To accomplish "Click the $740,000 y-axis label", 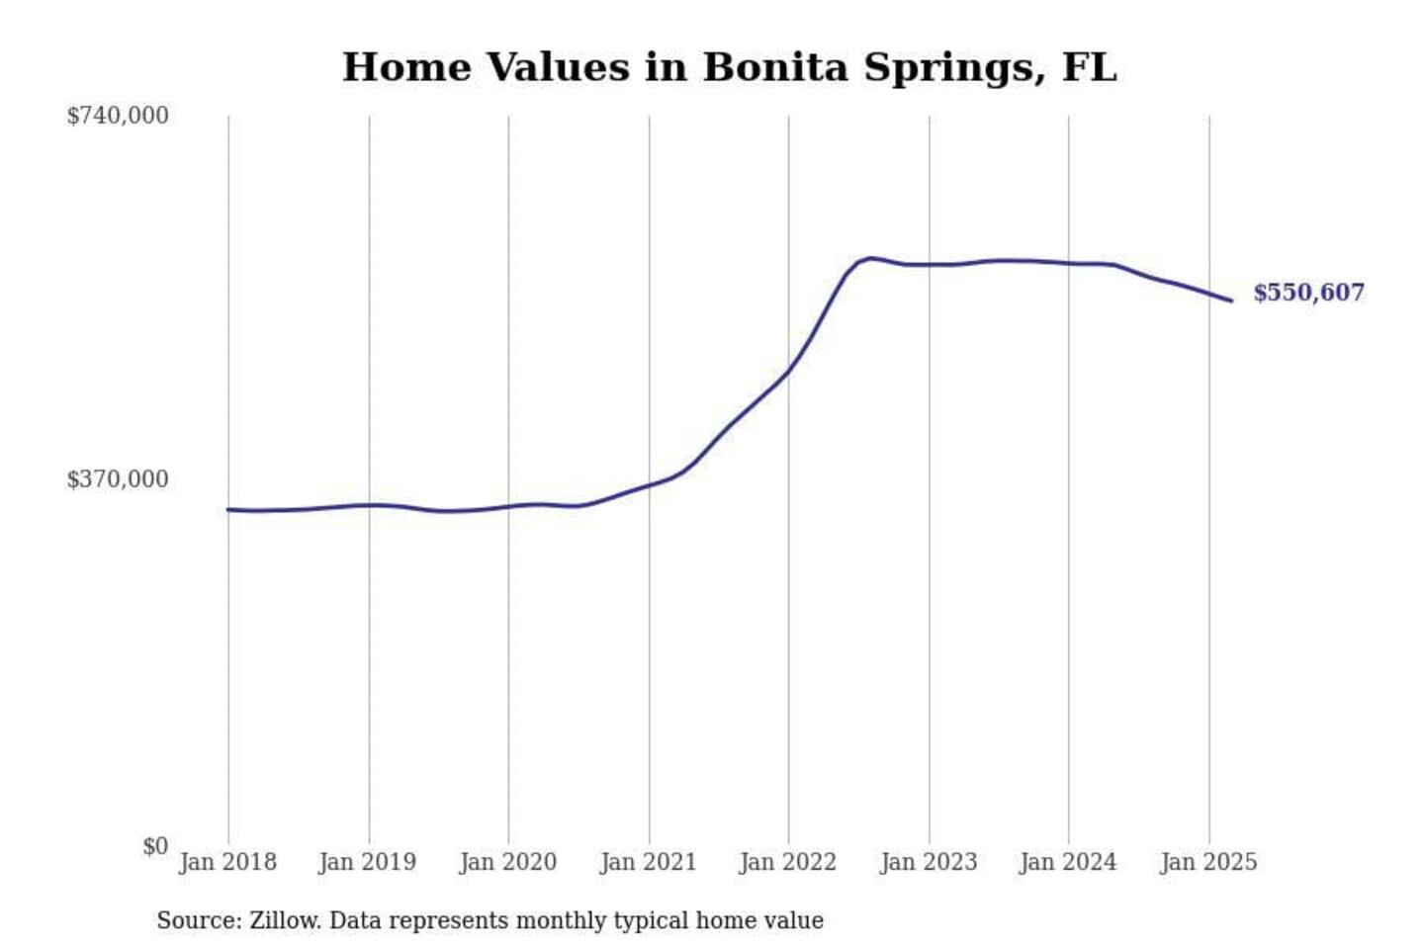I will coord(118,116).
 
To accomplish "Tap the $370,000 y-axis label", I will coord(118,479).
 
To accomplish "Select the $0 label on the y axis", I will coord(155,846).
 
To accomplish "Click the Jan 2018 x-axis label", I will coord(228,862).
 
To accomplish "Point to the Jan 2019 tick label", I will coord(368,862).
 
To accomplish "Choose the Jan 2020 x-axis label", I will coord(508,862).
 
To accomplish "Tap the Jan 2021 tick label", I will coord(649,862).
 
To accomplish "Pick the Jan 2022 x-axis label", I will coord(788,862).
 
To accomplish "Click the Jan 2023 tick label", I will coord(929,862).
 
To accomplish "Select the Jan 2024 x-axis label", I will coord(1068,862).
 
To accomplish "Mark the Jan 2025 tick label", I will coord(1208,862).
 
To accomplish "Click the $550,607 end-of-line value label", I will coord(1308,293).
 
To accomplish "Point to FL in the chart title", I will coord(1089,68).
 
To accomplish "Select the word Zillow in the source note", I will coord(284,920).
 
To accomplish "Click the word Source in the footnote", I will coord(198,920).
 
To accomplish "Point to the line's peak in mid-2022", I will coord(870,258).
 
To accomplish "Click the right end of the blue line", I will coord(1231,301).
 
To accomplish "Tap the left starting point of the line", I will coord(228,509).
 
